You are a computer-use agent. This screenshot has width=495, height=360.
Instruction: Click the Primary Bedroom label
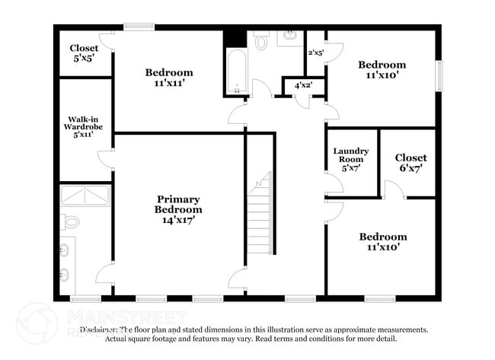(x=179, y=209)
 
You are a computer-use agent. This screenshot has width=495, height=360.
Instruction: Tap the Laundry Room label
(x=351, y=161)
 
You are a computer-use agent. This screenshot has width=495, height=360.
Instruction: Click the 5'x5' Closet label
(x=84, y=53)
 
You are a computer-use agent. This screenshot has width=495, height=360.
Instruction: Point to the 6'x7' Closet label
(x=410, y=163)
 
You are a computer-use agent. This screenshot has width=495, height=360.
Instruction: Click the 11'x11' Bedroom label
(x=169, y=78)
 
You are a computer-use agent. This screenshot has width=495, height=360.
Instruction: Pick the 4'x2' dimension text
(x=304, y=86)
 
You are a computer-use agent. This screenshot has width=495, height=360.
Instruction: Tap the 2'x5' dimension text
(x=315, y=53)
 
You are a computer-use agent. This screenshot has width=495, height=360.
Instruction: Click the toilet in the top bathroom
(x=261, y=43)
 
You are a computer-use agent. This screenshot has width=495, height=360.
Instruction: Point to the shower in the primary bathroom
(x=85, y=196)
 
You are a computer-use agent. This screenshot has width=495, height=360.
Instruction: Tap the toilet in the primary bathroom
(x=71, y=222)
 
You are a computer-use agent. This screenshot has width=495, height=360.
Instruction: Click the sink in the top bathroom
(x=290, y=36)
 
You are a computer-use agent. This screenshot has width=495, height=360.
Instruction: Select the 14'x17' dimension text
(x=179, y=220)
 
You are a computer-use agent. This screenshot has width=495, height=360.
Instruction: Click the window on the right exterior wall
(x=439, y=75)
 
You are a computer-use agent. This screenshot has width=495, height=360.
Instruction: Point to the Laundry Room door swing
(x=334, y=183)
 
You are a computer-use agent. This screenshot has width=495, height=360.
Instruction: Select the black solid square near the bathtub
(x=235, y=37)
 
